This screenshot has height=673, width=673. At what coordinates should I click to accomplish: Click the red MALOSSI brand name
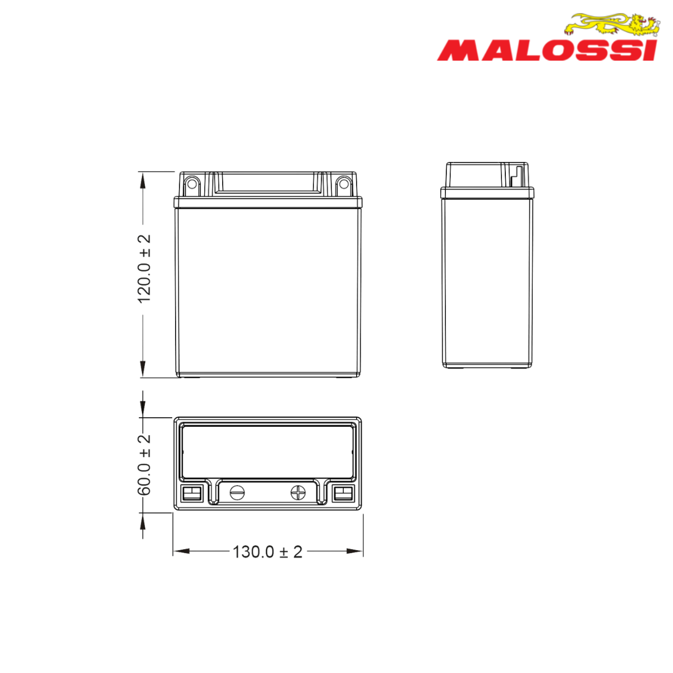(547, 50)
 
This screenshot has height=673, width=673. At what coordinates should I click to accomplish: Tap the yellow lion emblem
(612, 25)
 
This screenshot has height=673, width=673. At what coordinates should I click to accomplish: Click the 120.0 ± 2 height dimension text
(144, 268)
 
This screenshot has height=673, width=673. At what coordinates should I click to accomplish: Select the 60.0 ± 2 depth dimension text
(144, 465)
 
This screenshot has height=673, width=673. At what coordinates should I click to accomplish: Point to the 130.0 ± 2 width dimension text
(267, 552)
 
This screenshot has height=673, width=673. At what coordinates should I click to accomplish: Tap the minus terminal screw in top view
(237, 493)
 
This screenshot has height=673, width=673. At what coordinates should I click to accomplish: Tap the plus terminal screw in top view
(298, 493)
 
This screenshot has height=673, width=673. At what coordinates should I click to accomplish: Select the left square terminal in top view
(192, 493)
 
